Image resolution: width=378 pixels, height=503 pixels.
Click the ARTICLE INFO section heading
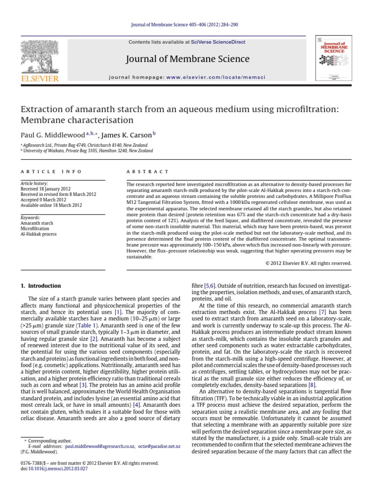41,171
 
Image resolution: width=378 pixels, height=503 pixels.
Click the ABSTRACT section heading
148,171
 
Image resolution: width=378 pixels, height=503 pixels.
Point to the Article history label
33,183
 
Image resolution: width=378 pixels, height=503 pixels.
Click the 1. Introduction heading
41,286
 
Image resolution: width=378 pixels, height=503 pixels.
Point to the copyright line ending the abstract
309,263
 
